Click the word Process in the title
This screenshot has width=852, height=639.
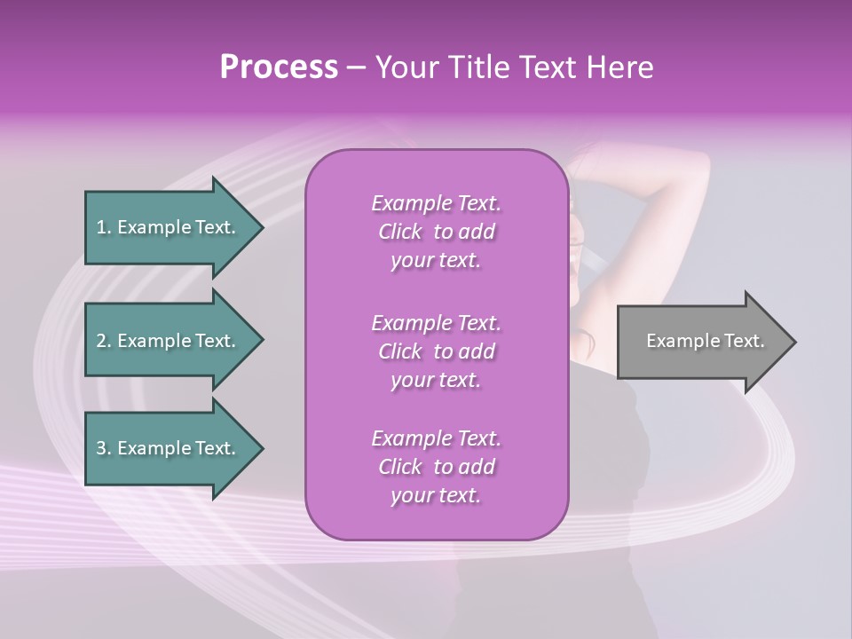click(279, 67)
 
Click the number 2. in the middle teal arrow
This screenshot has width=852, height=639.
click(104, 341)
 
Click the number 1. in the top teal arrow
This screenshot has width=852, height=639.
click(104, 227)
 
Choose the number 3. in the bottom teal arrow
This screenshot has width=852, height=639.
click(104, 448)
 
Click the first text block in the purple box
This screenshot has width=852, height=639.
click(436, 232)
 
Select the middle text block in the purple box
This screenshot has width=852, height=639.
click(436, 351)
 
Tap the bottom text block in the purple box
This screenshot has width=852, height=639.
click(436, 467)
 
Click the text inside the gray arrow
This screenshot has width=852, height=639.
click(705, 341)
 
